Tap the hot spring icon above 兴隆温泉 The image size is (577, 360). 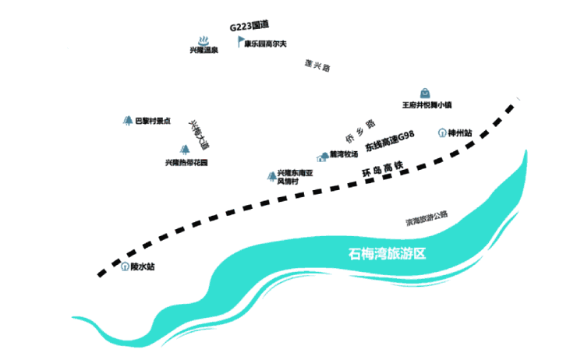click(204, 40)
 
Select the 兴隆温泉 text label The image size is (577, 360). click(204, 51)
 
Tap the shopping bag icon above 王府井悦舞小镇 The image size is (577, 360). click(426, 93)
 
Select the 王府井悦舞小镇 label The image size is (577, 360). click(427, 105)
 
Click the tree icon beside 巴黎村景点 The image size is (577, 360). click(127, 121)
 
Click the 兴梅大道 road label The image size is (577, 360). click(199, 134)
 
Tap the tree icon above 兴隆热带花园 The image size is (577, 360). click(186, 149)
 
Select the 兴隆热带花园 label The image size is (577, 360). click(186, 162)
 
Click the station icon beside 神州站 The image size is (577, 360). click(442, 133)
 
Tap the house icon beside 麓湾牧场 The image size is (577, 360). click(322, 157)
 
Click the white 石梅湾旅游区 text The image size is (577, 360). click(390, 254)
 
